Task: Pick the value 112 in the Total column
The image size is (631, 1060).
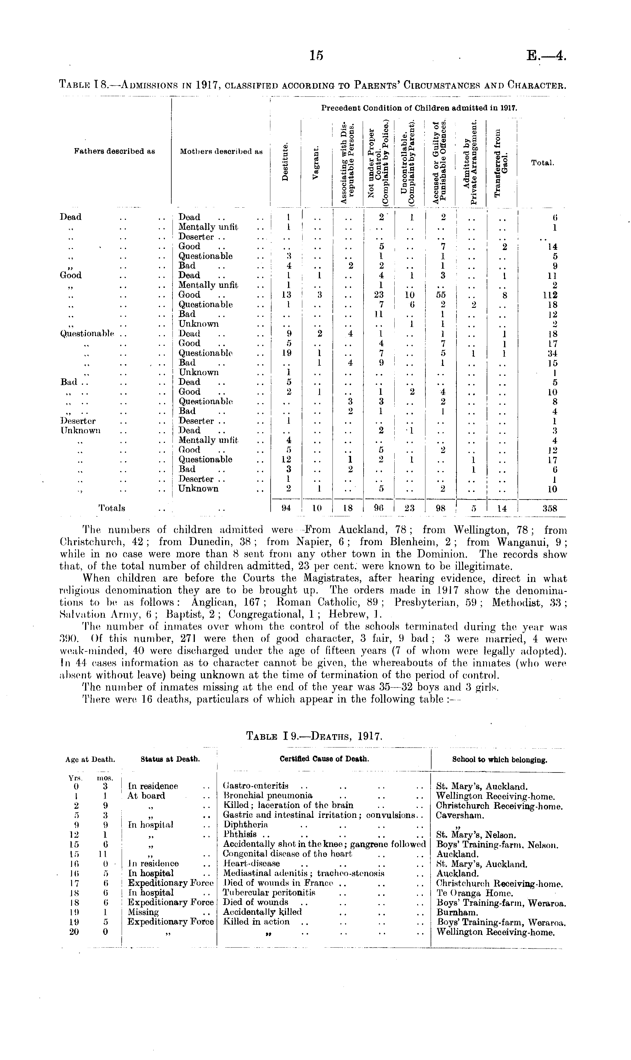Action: click(551, 295)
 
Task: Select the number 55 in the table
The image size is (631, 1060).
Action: click(442, 295)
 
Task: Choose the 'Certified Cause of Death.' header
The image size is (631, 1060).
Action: click(324, 759)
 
